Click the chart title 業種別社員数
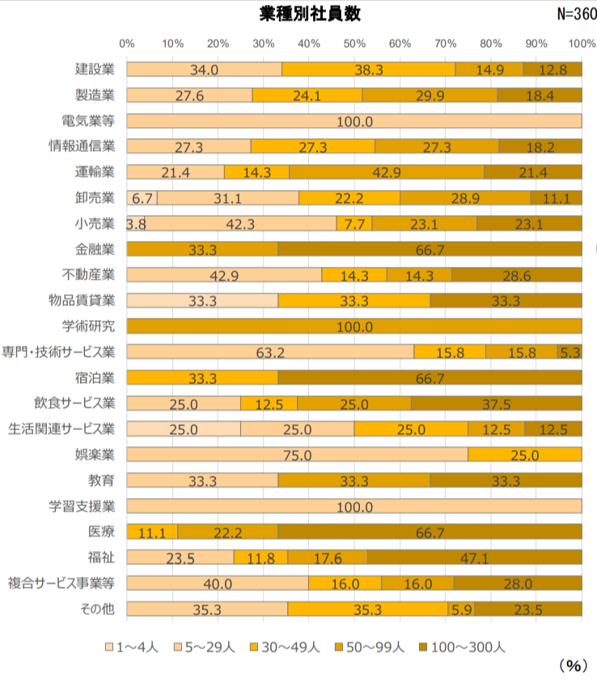[x=311, y=14]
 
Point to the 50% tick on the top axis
[x=354, y=43]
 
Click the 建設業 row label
[x=95, y=70]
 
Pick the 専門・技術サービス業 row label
[x=61, y=352]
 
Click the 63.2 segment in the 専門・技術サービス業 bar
[x=270, y=352]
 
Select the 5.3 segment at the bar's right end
[x=570, y=352]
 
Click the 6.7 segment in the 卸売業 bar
[x=142, y=198]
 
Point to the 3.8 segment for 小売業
[x=135, y=224]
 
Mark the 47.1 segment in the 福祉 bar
[x=474, y=557]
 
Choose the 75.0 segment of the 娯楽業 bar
[x=297, y=454]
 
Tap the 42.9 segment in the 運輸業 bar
[x=386, y=172]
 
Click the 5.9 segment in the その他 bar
[x=461, y=609]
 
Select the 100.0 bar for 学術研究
[x=354, y=327]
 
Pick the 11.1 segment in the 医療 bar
[x=152, y=532]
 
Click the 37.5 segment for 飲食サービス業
[x=496, y=403]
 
